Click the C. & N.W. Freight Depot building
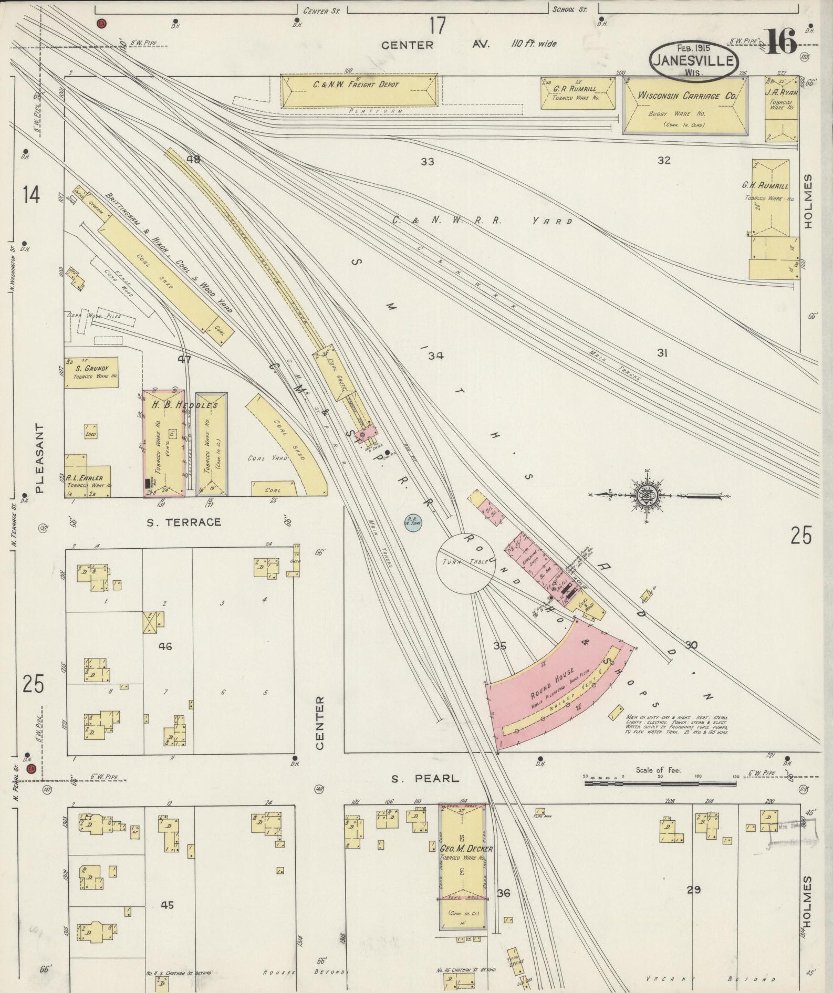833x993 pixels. tap(359, 90)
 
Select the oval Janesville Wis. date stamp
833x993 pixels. tap(693, 61)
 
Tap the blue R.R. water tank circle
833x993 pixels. tap(413, 522)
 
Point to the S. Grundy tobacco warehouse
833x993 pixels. tap(91, 373)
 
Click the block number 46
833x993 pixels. tap(165, 646)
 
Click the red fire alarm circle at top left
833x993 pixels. tap(101, 23)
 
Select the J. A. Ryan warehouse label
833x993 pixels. tap(782, 93)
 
